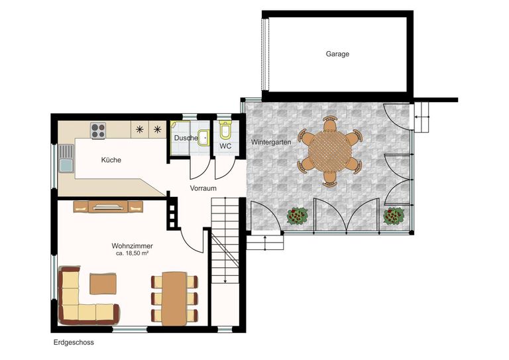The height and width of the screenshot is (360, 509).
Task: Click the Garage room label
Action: pos(337,54)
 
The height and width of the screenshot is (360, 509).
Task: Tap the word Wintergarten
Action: pos(270,143)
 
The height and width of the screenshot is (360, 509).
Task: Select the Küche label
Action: pos(111,160)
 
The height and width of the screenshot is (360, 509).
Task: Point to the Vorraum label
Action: pos(203,188)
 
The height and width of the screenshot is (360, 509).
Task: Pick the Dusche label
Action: pos(186,138)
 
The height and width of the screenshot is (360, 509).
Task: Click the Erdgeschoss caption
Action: pos(74,343)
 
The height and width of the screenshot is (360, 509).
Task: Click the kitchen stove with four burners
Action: pos(99,130)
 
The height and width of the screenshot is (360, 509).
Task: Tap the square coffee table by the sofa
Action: pos(103,283)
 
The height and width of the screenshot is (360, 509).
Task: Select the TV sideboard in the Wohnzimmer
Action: pos(108,207)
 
